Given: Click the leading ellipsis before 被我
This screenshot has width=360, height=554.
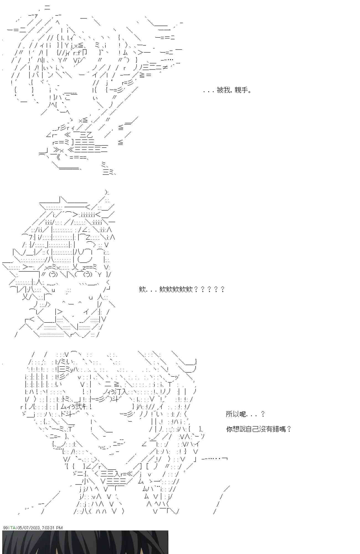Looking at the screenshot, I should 208,91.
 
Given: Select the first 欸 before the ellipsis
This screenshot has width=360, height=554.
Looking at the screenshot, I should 142,289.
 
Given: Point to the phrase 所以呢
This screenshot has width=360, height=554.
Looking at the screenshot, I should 236,414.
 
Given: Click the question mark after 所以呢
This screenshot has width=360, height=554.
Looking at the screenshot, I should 263,414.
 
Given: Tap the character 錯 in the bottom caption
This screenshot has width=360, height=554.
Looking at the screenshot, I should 275,429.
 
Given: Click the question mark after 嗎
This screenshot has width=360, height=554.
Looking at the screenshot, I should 289,429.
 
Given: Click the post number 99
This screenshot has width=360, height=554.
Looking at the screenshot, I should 6,528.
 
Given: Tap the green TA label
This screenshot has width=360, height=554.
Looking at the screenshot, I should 13,528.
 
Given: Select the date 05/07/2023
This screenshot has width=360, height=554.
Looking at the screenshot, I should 28,528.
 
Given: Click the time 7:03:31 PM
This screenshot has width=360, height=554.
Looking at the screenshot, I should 52,528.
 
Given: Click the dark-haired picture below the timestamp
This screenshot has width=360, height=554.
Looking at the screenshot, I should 85,542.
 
